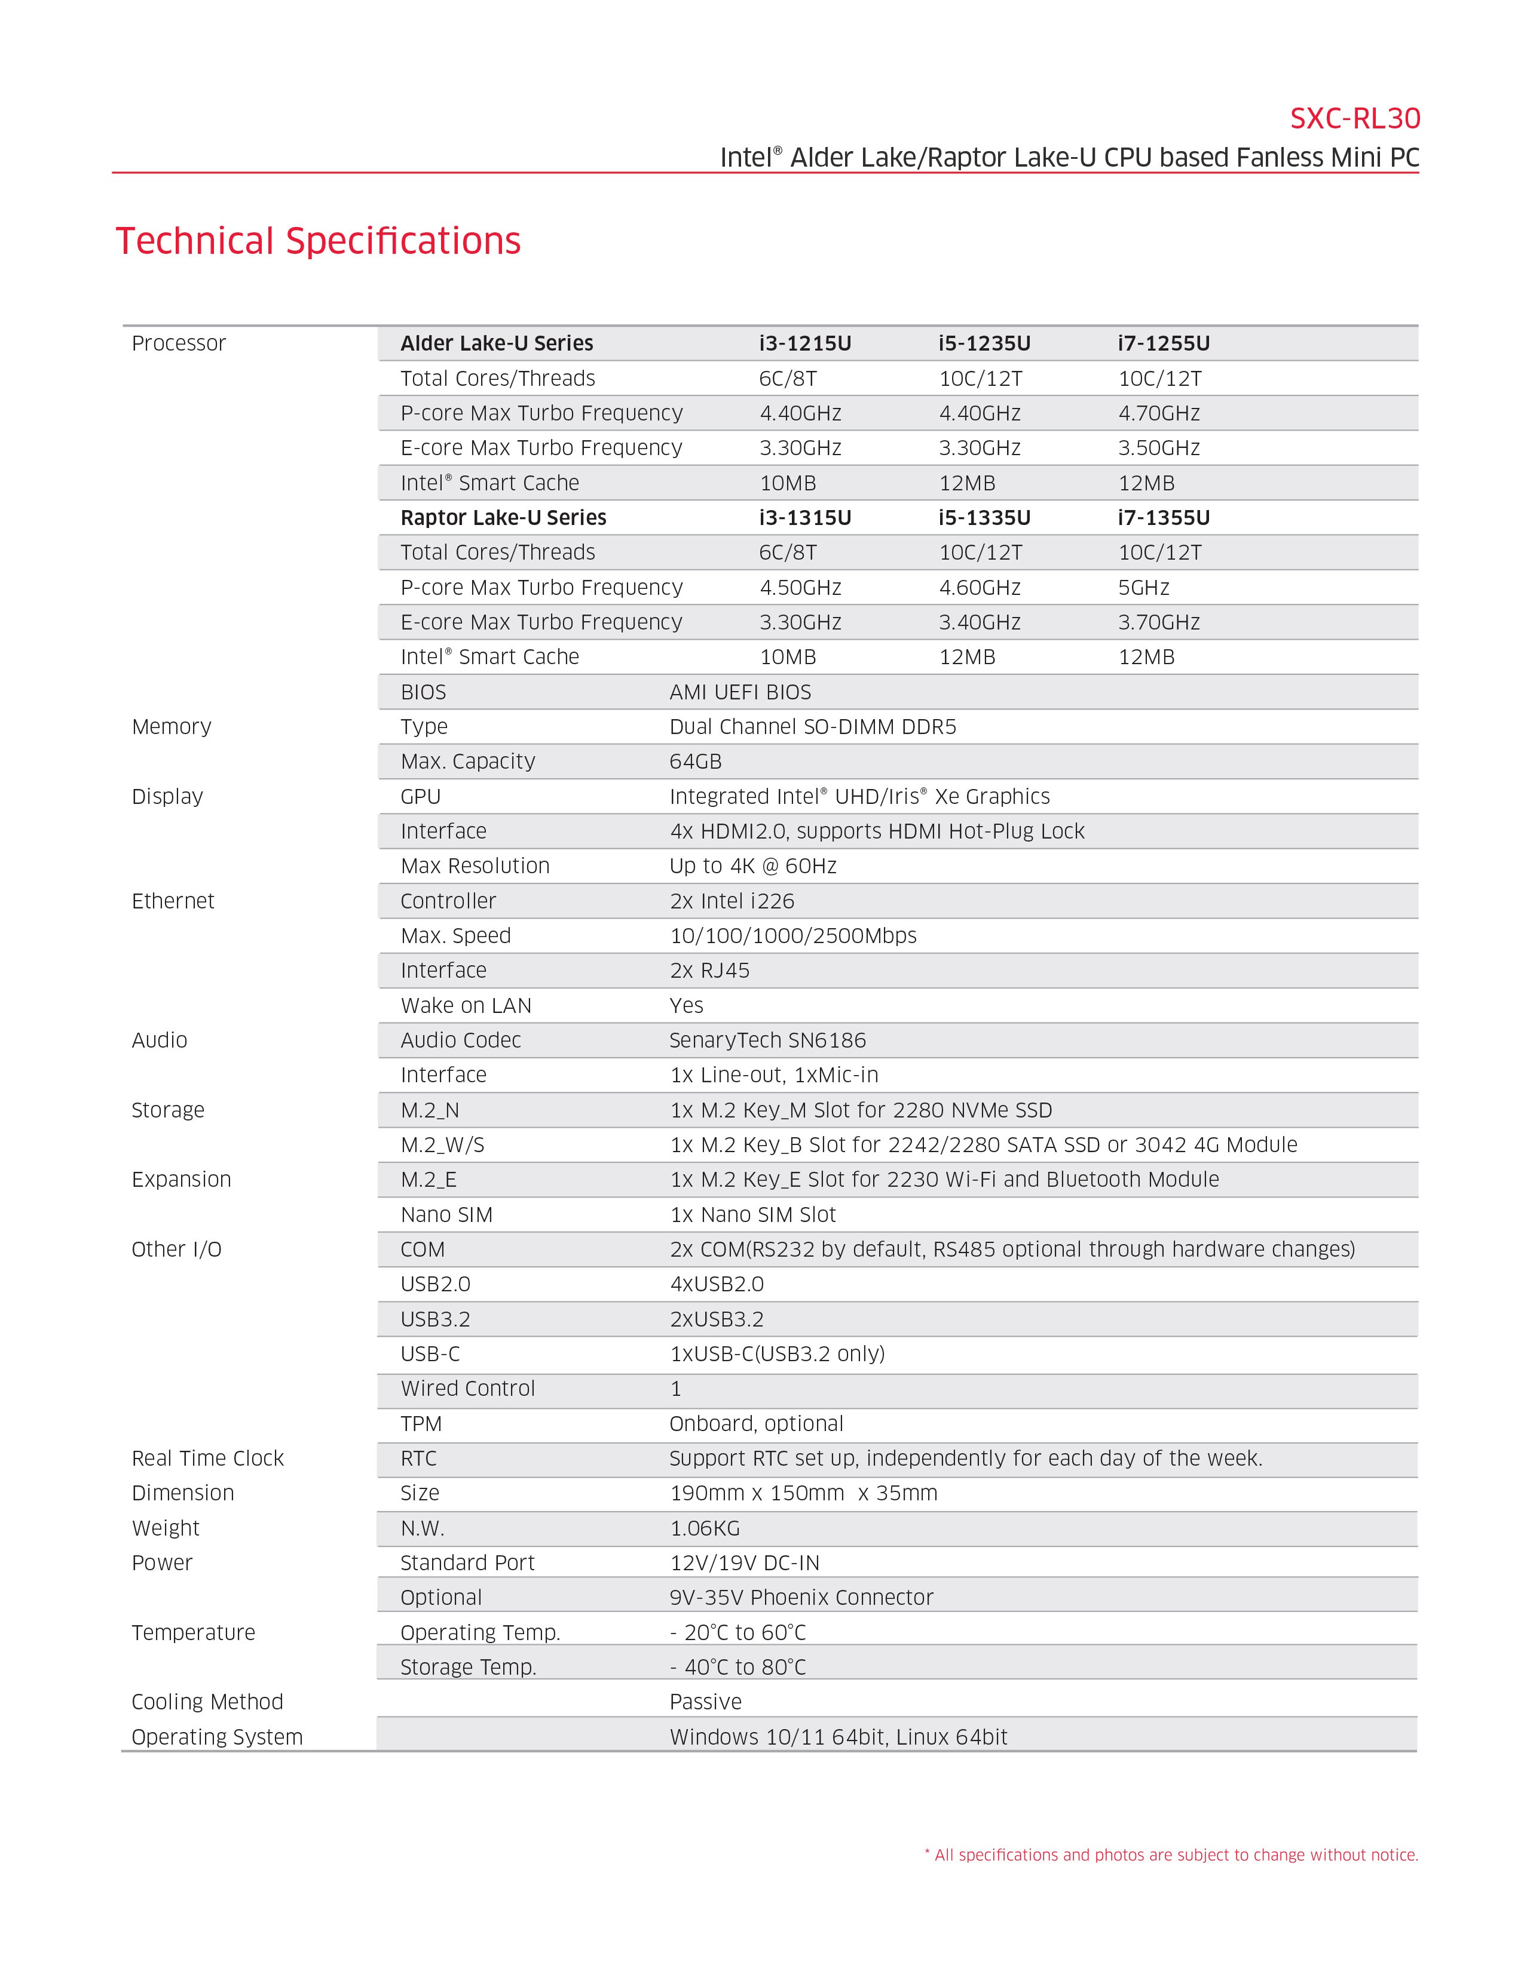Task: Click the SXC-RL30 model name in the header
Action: click(1354, 118)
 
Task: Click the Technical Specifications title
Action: click(318, 241)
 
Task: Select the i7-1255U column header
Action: click(1164, 343)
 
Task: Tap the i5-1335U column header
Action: click(984, 517)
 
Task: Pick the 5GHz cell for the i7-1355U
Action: click(1144, 588)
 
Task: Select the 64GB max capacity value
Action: click(695, 762)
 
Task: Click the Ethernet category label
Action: click(173, 901)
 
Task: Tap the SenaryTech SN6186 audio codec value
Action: click(767, 1040)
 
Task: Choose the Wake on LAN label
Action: click(466, 1005)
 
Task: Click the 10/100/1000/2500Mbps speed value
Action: click(792, 936)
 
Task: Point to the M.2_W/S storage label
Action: click(442, 1145)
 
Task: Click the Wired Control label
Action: click(468, 1389)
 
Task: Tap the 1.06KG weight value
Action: click(704, 1528)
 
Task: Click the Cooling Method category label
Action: click(207, 1702)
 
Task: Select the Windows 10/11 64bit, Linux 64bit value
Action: click(838, 1737)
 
